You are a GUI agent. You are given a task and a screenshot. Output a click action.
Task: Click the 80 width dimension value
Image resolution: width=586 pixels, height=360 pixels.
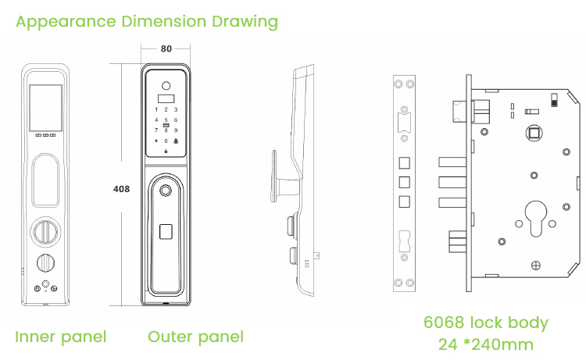pyautogui.click(x=166, y=49)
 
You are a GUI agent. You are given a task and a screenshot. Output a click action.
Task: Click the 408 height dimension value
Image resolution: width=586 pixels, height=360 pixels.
pyautogui.click(x=121, y=189)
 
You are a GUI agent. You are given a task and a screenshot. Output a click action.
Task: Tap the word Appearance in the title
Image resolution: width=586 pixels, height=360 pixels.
pyautogui.click(x=66, y=22)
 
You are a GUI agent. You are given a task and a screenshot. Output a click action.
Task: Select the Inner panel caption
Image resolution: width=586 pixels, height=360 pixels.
pyautogui.click(x=60, y=337)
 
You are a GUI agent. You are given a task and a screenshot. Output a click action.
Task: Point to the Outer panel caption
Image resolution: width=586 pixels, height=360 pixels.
pyautogui.click(x=195, y=337)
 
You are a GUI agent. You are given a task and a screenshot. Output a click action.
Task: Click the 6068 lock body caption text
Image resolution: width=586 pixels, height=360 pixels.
pyautogui.click(x=485, y=323)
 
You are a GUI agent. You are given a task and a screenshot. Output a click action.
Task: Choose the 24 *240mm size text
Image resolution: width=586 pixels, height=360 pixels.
pyautogui.click(x=485, y=344)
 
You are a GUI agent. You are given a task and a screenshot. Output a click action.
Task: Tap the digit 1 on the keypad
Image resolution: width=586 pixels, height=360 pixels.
pyautogui.click(x=156, y=110)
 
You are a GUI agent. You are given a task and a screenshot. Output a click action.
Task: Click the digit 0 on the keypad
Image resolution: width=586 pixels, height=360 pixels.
pyautogui.click(x=166, y=141)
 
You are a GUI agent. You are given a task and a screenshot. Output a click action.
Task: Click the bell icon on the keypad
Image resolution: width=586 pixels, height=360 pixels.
pyautogui.click(x=176, y=141)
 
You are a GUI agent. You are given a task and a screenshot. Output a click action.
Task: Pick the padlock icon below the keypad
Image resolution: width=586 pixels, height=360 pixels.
pyautogui.click(x=166, y=151)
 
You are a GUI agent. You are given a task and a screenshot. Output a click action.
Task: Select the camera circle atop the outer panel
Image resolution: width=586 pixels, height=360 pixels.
pyautogui.click(x=166, y=86)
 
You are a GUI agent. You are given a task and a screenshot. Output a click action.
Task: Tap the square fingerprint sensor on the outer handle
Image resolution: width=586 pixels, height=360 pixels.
pyautogui.click(x=166, y=231)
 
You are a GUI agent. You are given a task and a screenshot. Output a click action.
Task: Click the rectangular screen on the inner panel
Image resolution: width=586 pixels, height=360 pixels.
pyautogui.click(x=45, y=108)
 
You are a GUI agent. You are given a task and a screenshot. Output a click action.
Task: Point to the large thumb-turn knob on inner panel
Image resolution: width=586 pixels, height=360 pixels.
pyautogui.click(x=45, y=232)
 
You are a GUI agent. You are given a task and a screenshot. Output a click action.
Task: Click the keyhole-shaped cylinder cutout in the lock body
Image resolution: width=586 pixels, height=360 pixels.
pyautogui.click(x=535, y=219)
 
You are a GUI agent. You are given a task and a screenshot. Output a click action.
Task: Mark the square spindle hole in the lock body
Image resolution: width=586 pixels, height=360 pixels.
pyautogui.click(x=534, y=133)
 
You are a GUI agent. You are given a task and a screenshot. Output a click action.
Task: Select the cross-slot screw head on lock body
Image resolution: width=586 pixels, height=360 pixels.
pyautogui.click(x=535, y=266)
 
